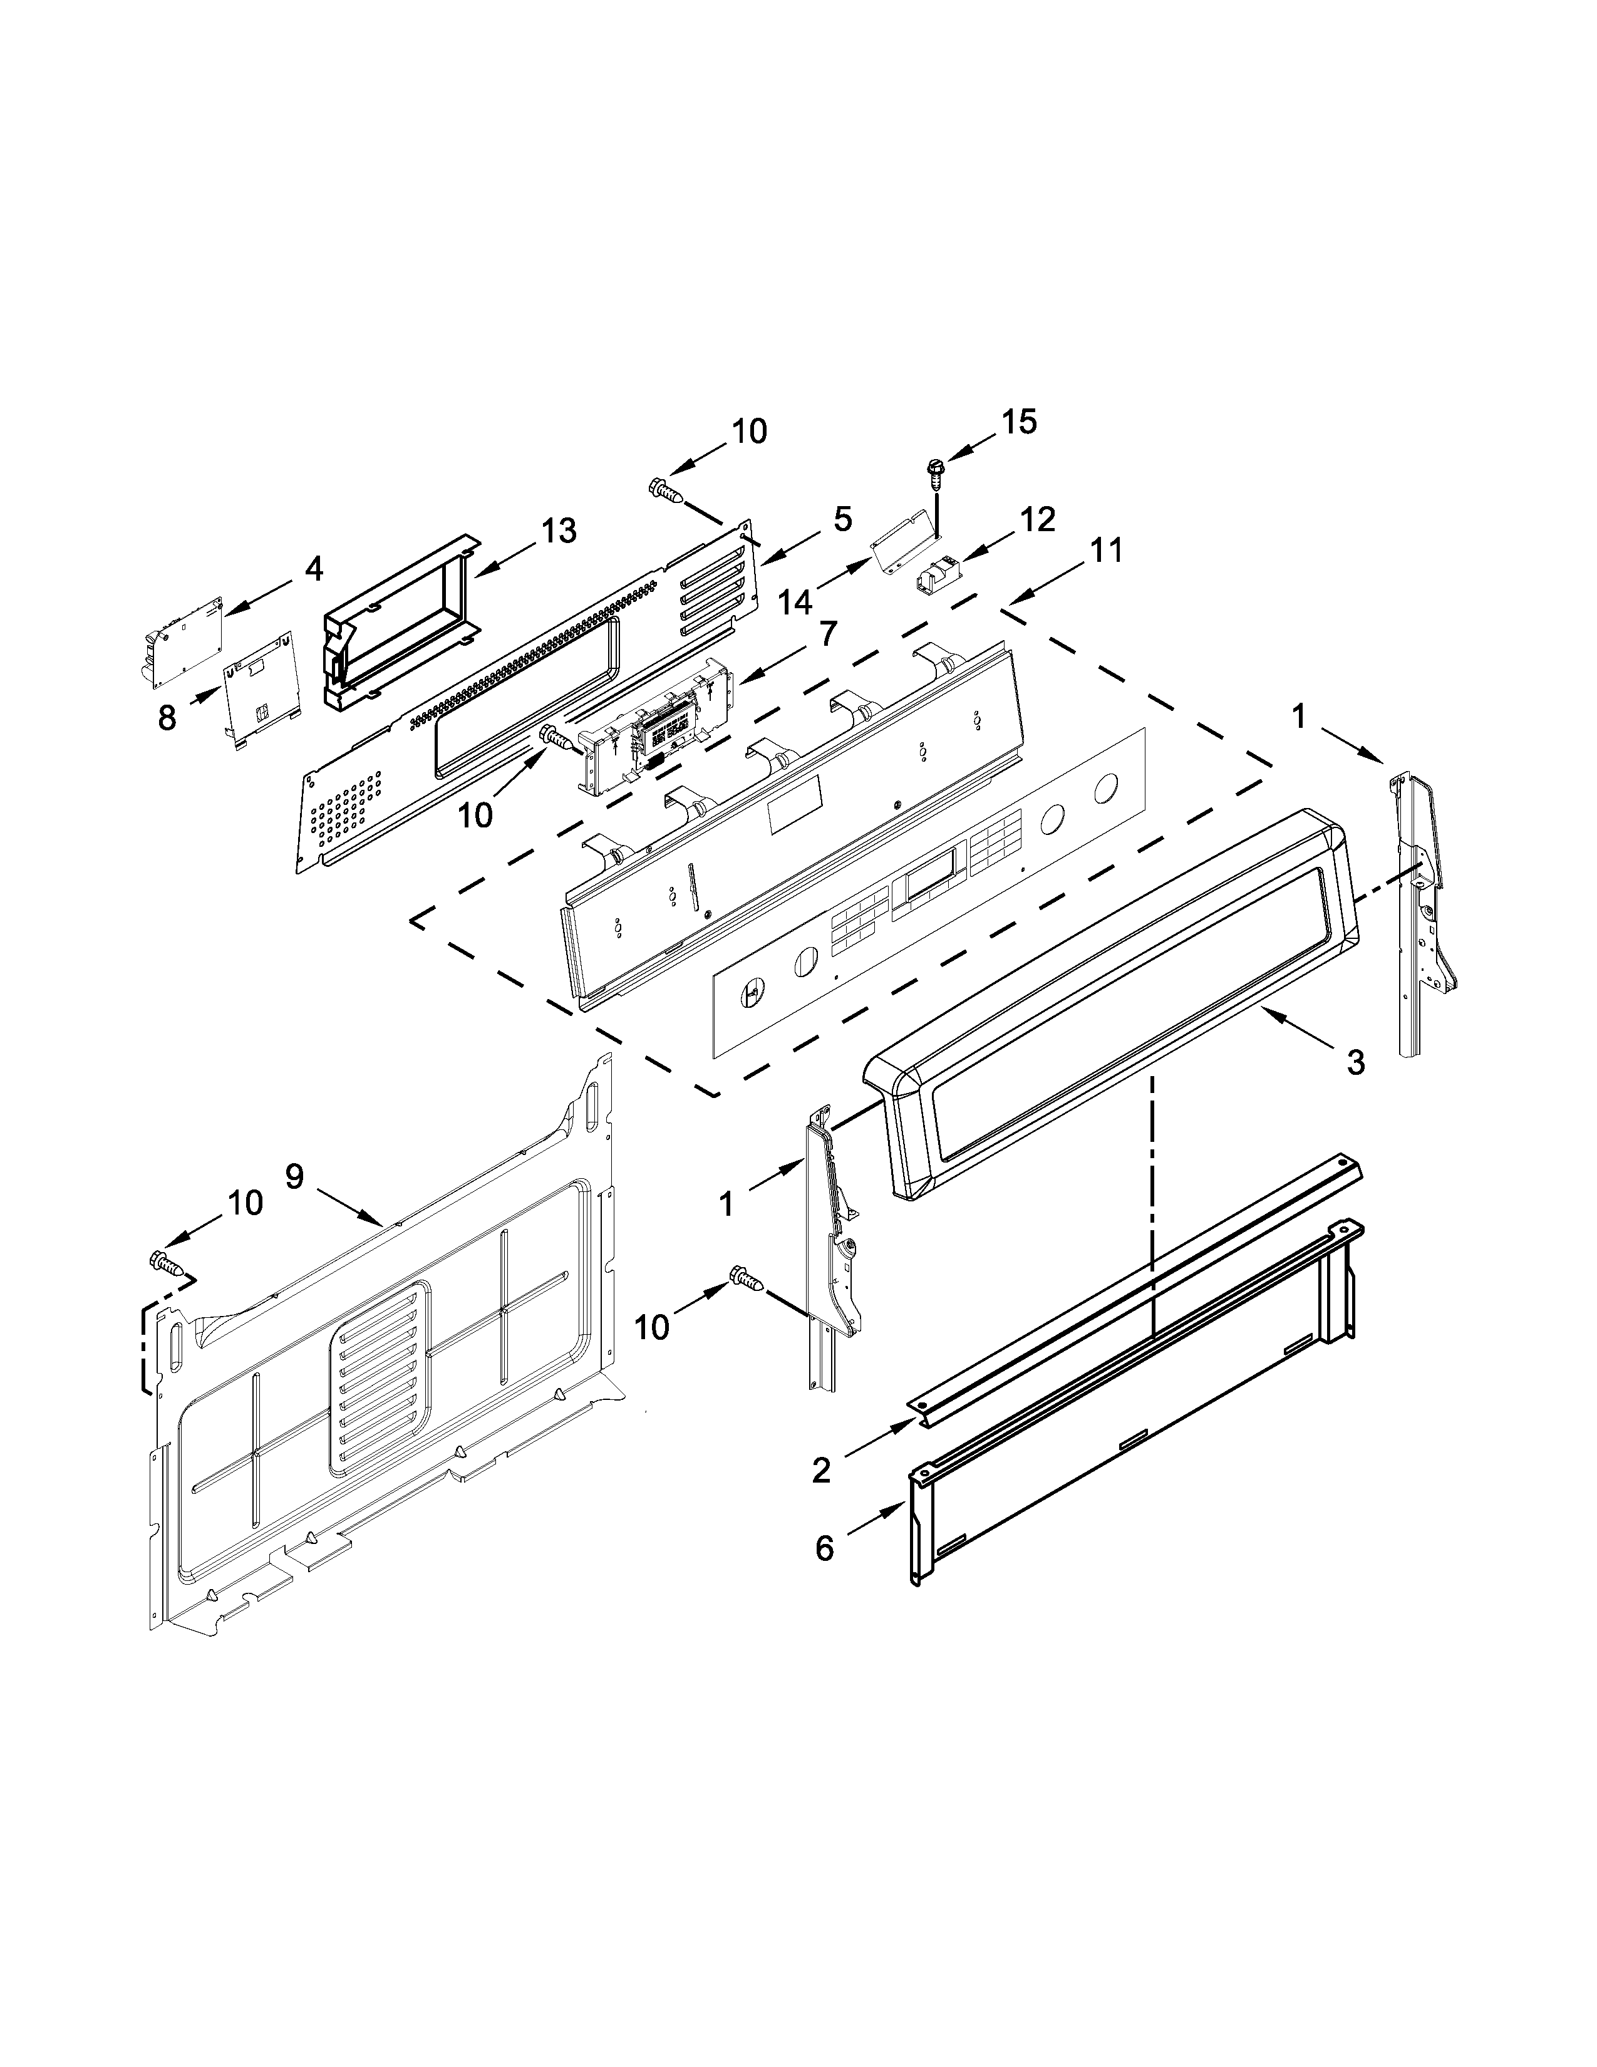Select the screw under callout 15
[x=936, y=470]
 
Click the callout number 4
[x=313, y=569]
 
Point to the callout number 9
[x=294, y=1176]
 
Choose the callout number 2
[x=820, y=1470]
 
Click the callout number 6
[x=824, y=1548]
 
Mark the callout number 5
[x=841, y=518]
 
